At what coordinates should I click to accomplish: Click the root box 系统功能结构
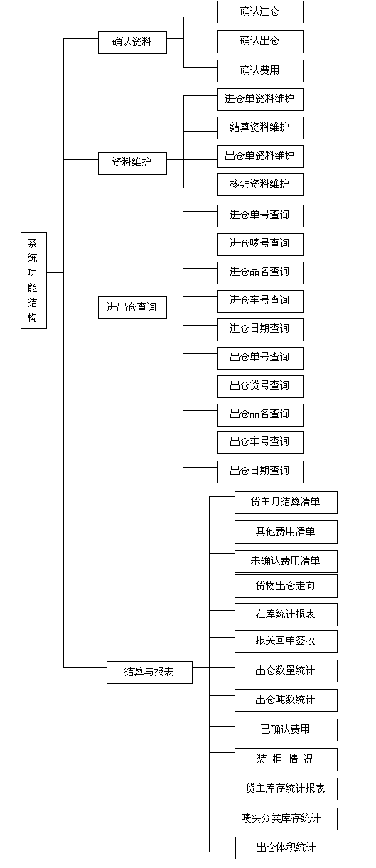[x=33, y=281]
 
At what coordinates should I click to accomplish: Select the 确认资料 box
[x=132, y=43]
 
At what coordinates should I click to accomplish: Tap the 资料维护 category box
[x=132, y=164]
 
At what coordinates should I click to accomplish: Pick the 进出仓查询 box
[x=132, y=308]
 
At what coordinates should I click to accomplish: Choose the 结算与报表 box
[x=149, y=673]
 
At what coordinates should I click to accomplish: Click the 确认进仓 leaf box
[x=260, y=12]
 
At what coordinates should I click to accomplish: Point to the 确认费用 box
[x=260, y=71]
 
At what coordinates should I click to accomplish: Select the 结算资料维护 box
[x=260, y=128]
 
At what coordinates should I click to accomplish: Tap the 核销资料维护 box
[x=260, y=185]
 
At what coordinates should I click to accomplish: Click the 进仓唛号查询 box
[x=260, y=244]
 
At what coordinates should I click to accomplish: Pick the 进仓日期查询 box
[x=260, y=330]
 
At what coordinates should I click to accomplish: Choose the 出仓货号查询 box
[x=260, y=387]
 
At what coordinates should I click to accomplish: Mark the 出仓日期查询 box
[x=260, y=471]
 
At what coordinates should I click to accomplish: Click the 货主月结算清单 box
[x=286, y=503]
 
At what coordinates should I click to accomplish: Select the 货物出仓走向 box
[x=286, y=586]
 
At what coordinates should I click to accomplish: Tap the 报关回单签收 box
[x=286, y=641]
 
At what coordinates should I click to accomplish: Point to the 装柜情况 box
[x=286, y=760]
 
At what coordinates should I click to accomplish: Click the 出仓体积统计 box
[x=286, y=848]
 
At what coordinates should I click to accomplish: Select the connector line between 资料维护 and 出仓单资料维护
[x=192, y=159]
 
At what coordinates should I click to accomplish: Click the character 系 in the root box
[x=32, y=243]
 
